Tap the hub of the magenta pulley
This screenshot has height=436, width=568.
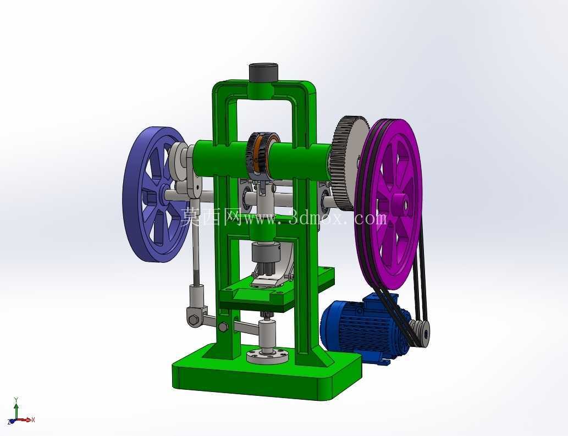tap(400, 203)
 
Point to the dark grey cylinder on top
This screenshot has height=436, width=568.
tap(263, 73)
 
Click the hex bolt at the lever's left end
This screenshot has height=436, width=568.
tap(192, 319)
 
